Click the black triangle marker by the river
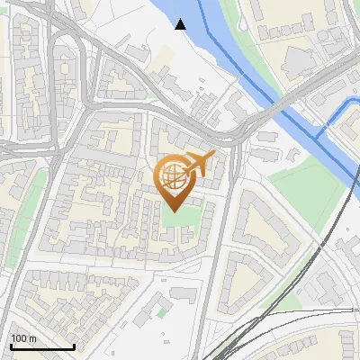click(181, 24)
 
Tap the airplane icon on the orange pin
click(200, 165)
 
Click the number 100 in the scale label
click(20, 338)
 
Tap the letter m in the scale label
click(32, 338)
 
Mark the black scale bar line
click(41, 346)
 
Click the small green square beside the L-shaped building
click(161, 312)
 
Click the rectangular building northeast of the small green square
click(184, 294)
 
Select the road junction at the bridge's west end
click(236, 135)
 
